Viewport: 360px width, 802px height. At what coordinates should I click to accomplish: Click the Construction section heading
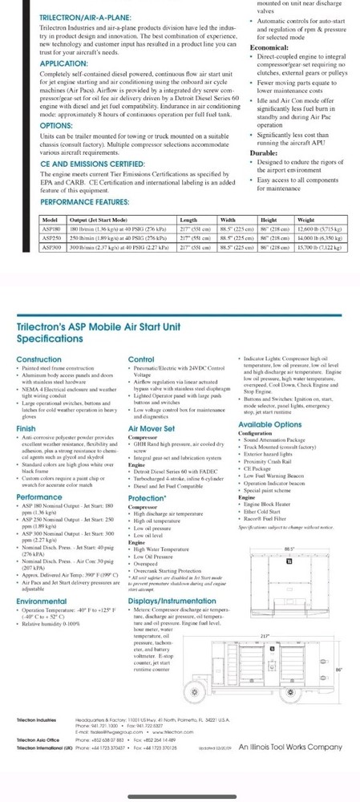tap(38, 358)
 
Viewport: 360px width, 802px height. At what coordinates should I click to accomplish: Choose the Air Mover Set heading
tap(151, 429)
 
